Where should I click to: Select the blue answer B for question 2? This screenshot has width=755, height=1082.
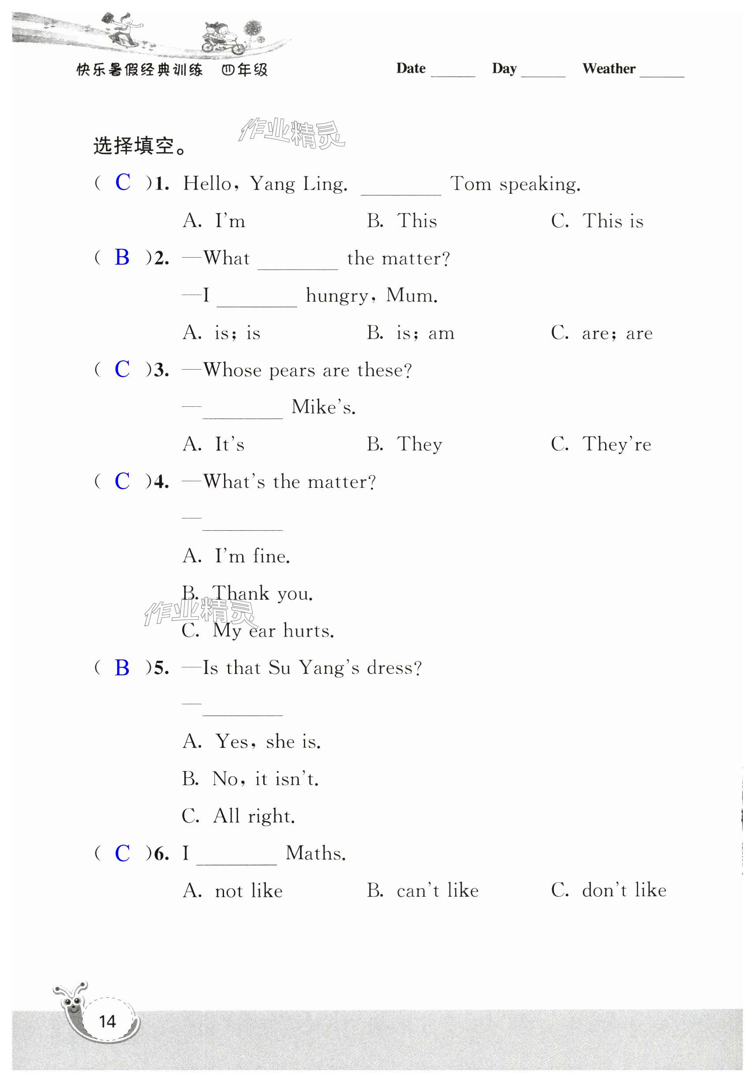tap(122, 257)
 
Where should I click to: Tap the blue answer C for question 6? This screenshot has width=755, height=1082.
tap(122, 854)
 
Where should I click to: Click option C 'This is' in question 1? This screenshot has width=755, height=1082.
tap(597, 221)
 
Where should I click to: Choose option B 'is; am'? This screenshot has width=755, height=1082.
tap(411, 333)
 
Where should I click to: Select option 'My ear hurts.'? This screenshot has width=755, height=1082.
tap(258, 630)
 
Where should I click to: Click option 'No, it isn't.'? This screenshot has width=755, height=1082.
tap(251, 779)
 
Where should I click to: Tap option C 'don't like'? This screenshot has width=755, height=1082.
tap(609, 890)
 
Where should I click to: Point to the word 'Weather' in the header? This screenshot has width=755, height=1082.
tap(609, 69)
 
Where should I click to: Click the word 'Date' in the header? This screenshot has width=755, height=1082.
tap(411, 68)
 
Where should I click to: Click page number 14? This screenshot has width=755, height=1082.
tap(108, 1021)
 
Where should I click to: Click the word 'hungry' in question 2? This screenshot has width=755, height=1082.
tap(336, 296)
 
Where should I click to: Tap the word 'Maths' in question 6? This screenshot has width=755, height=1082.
tap(315, 854)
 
